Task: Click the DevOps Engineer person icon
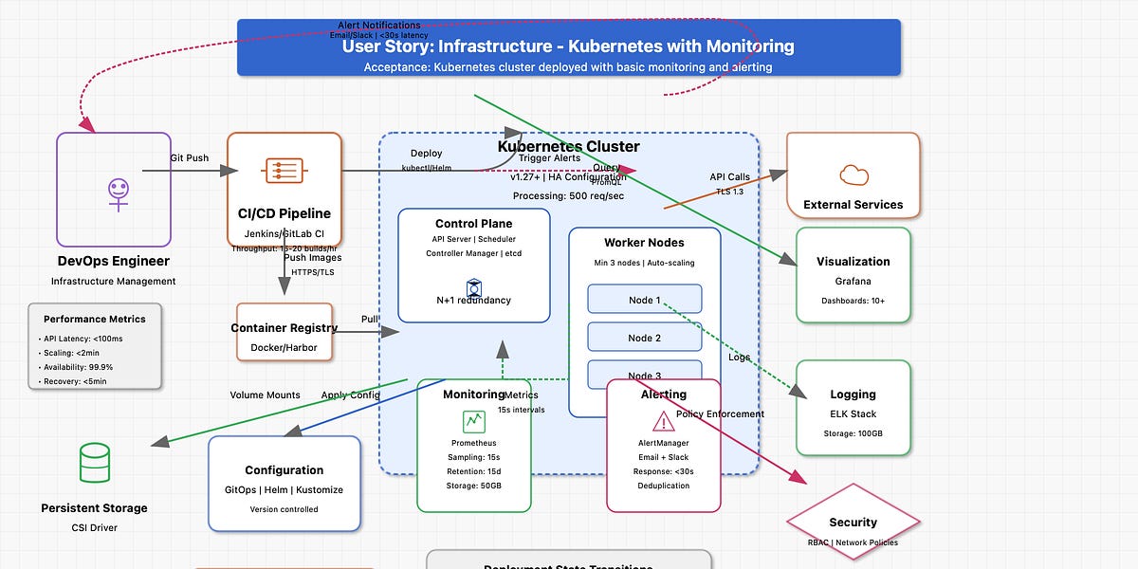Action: pyautogui.click(x=118, y=193)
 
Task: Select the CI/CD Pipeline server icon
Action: pyautogui.click(x=284, y=171)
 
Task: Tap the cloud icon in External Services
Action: pyautogui.click(x=853, y=174)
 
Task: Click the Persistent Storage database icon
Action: pyautogui.click(x=94, y=464)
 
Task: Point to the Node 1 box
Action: pyautogui.click(x=644, y=300)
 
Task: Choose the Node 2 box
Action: pyautogui.click(x=644, y=338)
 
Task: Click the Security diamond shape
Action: pyautogui.click(x=853, y=523)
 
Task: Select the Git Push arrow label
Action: pyautogui.click(x=190, y=157)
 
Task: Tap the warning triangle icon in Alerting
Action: pyautogui.click(x=664, y=420)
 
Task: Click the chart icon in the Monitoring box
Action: pyautogui.click(x=473, y=421)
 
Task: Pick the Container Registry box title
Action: pyautogui.click(x=284, y=328)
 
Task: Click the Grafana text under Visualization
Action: pyautogui.click(x=853, y=282)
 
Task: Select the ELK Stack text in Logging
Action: pyautogui.click(x=853, y=414)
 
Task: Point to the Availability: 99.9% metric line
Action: pyautogui.click(x=79, y=367)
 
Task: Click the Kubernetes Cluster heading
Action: pyautogui.click(x=568, y=147)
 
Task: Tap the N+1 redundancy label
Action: pyautogui.click(x=473, y=301)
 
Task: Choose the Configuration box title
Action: pyautogui.click(x=284, y=470)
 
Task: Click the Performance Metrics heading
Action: pyautogui.click(x=95, y=320)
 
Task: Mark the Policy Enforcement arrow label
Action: pyautogui.click(x=720, y=414)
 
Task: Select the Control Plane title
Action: pyautogui.click(x=473, y=224)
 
